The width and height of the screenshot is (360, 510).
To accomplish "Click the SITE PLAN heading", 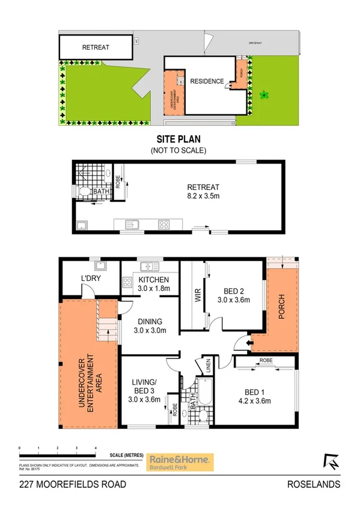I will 178,138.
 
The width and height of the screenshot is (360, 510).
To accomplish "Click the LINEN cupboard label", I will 209,366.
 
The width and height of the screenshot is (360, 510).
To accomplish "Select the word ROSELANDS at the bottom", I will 314,484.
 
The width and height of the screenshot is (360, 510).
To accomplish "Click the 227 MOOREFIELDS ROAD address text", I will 72,484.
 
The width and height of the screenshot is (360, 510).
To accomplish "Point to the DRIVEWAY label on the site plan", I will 260,43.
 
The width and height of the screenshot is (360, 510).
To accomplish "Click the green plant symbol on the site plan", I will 263,94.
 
